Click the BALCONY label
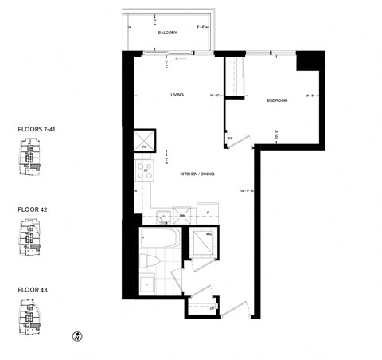pos(166,33)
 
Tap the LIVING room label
pos(177,95)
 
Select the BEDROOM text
pos(277,100)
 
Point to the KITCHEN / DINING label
pos(197,174)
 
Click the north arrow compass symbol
pos(77,335)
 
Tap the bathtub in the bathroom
pos(157,240)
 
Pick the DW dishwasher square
pos(181,216)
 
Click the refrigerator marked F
pos(207,213)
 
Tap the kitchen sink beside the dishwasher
pos(162,216)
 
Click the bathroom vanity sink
pos(148,285)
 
